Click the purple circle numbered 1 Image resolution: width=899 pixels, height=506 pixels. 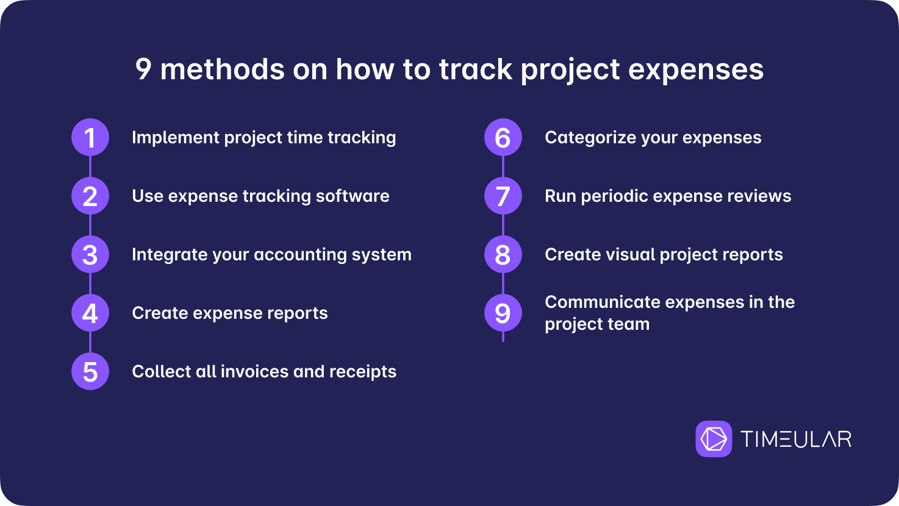[90, 137]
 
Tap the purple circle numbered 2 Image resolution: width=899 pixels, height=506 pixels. [90, 196]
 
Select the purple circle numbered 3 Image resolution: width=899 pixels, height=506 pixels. [90, 254]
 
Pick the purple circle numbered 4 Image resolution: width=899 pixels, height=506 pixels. [90, 313]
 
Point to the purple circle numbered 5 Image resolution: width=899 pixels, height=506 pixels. [90, 372]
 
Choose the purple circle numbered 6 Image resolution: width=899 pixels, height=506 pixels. [503, 137]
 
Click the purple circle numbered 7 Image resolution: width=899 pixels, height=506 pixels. [503, 196]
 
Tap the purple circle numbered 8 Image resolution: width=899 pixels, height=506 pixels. [503, 254]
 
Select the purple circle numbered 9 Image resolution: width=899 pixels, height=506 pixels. [503, 313]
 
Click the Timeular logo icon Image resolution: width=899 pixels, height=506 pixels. [714, 439]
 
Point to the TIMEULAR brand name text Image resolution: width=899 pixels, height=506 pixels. [796, 439]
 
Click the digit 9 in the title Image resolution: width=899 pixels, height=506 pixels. [143, 69]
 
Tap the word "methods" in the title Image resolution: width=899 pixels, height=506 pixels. [223, 69]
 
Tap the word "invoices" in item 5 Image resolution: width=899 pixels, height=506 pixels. [254, 372]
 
